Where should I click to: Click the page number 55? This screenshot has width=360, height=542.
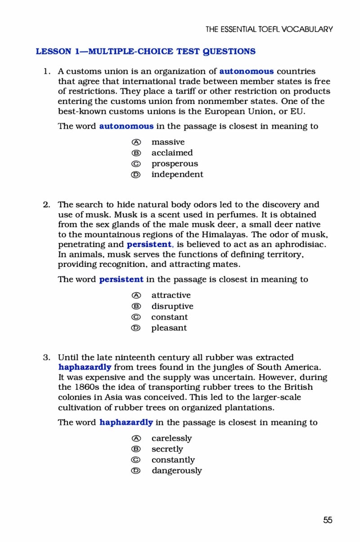coord(328,520)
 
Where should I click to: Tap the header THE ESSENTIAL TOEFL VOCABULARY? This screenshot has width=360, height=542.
coord(269,29)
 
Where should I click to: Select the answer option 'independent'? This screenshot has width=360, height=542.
coord(177,174)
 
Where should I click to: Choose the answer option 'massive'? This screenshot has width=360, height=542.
coord(168,142)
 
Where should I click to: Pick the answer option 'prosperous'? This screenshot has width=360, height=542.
coord(174,163)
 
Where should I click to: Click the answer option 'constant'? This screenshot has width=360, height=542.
coord(169,317)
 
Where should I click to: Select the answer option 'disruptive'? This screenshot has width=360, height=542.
coord(172,306)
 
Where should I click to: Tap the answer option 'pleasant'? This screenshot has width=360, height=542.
coord(169,328)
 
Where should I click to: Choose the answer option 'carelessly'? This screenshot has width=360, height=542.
coord(171,438)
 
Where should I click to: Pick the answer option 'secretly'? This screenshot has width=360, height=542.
coord(167,449)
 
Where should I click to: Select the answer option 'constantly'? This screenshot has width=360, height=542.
coord(173,460)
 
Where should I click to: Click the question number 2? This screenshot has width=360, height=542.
coord(46,204)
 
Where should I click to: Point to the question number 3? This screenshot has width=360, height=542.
coord(46,358)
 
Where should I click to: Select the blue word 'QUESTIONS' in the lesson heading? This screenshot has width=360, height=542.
coord(228,51)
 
